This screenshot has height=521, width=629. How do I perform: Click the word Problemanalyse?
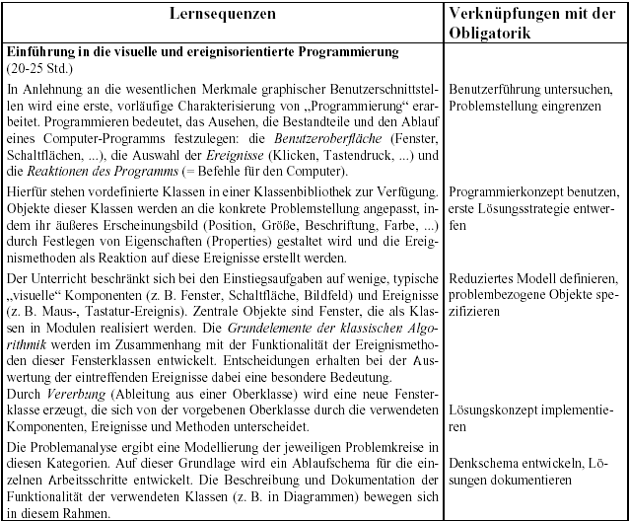[x=78, y=447]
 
